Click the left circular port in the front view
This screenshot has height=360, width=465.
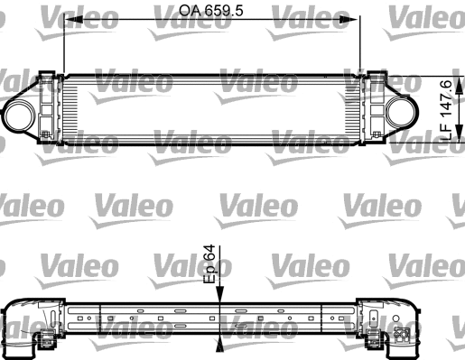(20, 115)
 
